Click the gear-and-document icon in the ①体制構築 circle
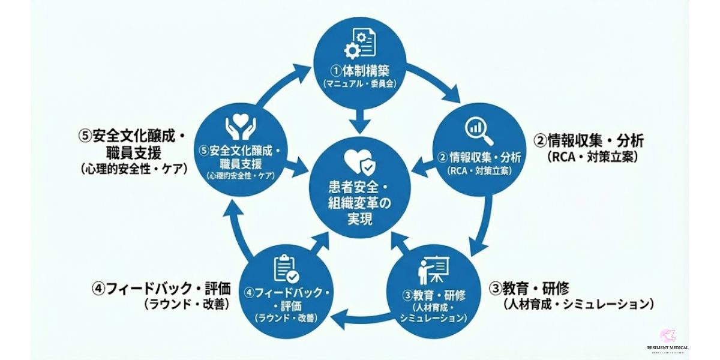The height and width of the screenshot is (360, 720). click(359, 43)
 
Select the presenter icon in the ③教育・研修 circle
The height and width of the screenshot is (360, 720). click(433, 271)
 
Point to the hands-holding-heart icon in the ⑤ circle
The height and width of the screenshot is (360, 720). click(240, 127)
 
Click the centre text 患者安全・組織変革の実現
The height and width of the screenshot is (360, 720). click(359, 203)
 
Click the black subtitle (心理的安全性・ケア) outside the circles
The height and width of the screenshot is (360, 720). click(133, 169)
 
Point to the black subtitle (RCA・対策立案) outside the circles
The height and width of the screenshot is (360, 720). click(592, 157)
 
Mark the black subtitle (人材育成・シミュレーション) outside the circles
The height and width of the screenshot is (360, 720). click(578, 304)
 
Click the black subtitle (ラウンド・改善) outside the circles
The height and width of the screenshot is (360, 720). click(187, 304)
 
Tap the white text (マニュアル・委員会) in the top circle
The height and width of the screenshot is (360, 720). click(359, 85)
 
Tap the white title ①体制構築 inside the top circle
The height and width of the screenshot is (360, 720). click(359, 71)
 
